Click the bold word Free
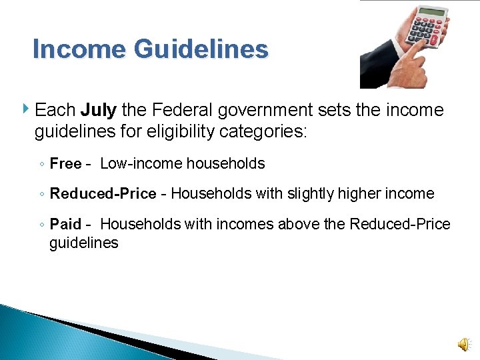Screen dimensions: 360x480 (x=65, y=164)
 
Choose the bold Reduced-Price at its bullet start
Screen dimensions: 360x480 (x=103, y=194)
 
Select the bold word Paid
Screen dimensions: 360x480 (x=65, y=224)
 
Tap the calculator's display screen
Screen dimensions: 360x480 (x=432, y=12)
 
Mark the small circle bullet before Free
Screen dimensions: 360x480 (x=41, y=165)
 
